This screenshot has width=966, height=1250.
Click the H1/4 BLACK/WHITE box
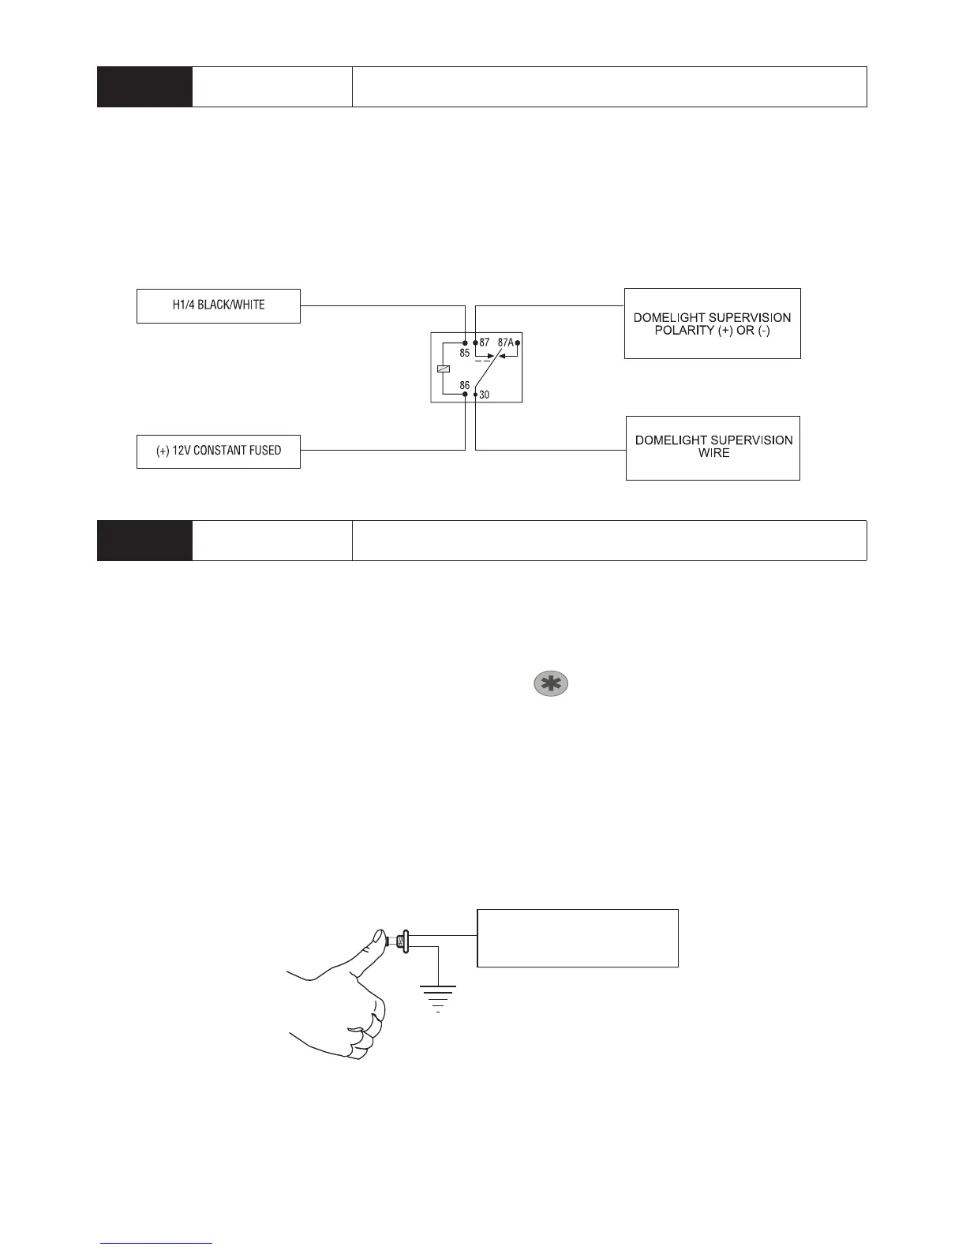click(x=219, y=305)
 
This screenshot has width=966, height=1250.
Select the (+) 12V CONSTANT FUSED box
click(x=219, y=451)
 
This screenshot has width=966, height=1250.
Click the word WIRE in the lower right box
click(x=713, y=453)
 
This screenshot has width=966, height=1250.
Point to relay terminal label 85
click(x=465, y=353)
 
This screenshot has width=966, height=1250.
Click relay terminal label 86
click(x=465, y=386)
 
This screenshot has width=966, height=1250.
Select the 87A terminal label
click(x=505, y=342)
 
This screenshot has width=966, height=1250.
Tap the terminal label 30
click(x=485, y=395)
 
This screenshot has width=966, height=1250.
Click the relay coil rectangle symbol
click(x=443, y=369)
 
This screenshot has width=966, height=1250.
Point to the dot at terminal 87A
click(x=518, y=342)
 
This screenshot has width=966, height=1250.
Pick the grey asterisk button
click(x=551, y=684)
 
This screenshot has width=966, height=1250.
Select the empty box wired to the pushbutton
click(x=578, y=937)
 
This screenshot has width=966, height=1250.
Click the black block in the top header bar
click(x=144, y=87)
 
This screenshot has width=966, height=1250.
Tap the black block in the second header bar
click(x=144, y=541)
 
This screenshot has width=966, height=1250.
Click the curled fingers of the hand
click(x=367, y=1034)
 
